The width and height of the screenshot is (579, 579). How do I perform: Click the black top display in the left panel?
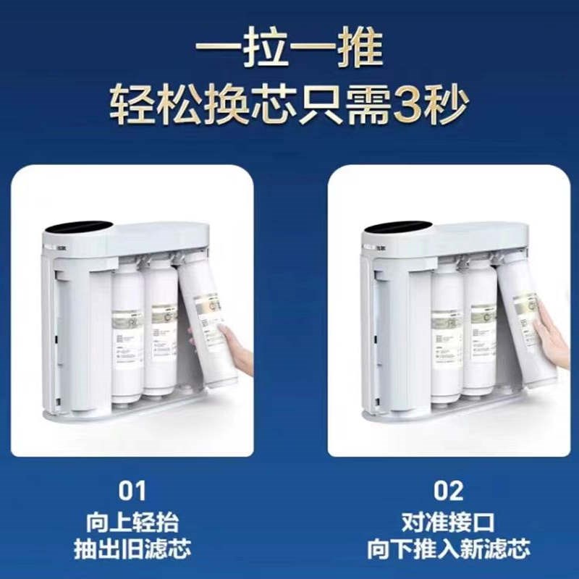pyautogui.click(x=77, y=227)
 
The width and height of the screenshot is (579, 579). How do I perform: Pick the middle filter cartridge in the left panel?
pyautogui.click(x=161, y=329)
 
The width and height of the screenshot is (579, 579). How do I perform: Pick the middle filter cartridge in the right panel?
pyautogui.click(x=480, y=329)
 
